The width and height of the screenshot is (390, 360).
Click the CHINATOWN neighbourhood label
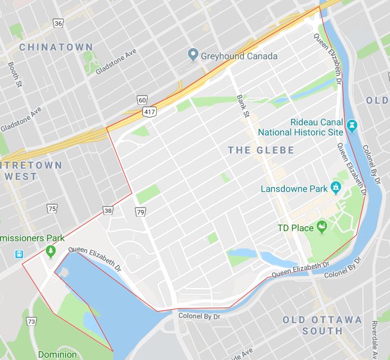tap(55, 48)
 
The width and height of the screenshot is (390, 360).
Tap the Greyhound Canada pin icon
tap(193, 55)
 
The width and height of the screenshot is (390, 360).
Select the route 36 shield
tap(58, 23)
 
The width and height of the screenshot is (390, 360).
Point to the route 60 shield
tap(143, 100)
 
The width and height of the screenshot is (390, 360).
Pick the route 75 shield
tap(53, 209)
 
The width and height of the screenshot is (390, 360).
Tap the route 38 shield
tap(107, 211)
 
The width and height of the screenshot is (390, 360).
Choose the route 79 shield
tap(140, 211)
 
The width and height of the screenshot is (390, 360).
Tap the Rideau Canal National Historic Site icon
tap(352, 123)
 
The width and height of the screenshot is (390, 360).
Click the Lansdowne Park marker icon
tap(335, 186)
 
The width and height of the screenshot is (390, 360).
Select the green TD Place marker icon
tap(322, 227)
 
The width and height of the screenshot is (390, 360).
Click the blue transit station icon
tap(21, 254)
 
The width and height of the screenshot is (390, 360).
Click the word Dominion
tap(57, 354)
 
